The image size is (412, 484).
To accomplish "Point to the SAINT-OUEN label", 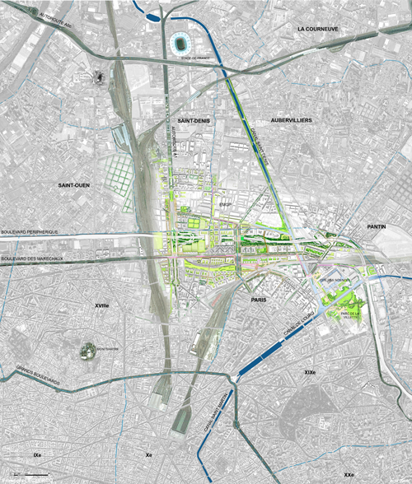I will (x=74, y=186).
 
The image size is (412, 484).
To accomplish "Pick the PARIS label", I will (x=263, y=300).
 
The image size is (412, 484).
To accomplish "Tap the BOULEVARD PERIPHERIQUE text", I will (x=30, y=233).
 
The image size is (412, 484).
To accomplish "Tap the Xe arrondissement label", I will (x=149, y=454).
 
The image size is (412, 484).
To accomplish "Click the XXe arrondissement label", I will (x=349, y=475).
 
